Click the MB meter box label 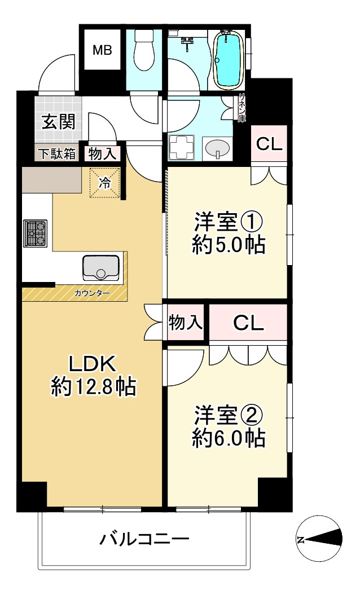[103, 50]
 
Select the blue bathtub [229, 60]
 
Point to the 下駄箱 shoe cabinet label [57, 153]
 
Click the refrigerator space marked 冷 [105, 182]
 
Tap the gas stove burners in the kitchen [35, 233]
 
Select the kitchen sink [102, 267]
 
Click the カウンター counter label [92, 293]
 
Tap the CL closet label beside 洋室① [269, 144]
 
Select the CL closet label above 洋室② [248, 323]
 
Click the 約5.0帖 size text [229, 245]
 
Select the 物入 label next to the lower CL [186, 323]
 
